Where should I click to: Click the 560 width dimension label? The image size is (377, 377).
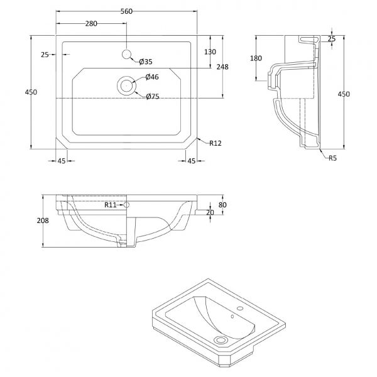[126, 11]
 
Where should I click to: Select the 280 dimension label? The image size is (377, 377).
[91, 24]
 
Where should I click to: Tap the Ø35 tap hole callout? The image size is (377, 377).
[146, 62]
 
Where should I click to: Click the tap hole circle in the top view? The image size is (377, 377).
[126, 54]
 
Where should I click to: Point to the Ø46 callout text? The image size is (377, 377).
[152, 77]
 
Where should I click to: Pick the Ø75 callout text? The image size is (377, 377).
[153, 96]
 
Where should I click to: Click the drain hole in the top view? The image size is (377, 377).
[126, 85]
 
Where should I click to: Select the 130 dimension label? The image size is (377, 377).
[210, 52]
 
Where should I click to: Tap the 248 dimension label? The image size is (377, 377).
[222, 67]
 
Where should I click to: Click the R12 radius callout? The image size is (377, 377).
[215, 143]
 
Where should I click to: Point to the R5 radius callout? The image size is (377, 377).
[333, 158]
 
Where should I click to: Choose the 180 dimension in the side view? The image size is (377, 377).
[256, 58]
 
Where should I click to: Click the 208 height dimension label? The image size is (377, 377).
[43, 221]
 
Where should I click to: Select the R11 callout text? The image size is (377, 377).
[111, 205]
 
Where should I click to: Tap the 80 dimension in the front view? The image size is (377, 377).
[222, 205]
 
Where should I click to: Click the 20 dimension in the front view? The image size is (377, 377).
[210, 212]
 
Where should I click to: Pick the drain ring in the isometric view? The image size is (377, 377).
[220, 340]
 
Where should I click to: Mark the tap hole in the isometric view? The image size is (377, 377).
[240, 309]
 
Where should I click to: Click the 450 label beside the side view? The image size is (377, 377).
[344, 94]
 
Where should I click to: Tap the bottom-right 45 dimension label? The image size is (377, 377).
[192, 161]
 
